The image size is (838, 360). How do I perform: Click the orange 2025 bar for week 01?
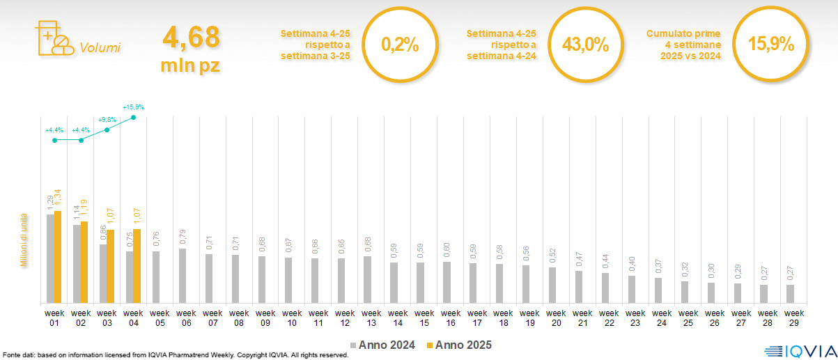pos(58,257)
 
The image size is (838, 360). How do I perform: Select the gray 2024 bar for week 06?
pos(183,276)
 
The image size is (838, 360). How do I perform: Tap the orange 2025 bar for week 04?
pos(137,266)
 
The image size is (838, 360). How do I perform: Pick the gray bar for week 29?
pos(790,294)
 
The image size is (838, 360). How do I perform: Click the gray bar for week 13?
pos(368,279)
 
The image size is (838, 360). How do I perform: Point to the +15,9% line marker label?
pos(133,107)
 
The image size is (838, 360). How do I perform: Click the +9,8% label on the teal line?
pos(107,119)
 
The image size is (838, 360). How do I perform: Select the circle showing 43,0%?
pos(585,45)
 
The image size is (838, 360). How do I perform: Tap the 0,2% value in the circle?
pos(400,45)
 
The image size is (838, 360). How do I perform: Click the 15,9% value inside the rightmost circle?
pos(770,45)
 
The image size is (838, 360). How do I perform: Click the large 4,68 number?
pos(191,38)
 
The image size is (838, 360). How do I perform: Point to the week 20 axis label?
pos(553,317)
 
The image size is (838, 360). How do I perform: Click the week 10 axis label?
pos(288,317)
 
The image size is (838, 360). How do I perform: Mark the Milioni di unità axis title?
pos(23,240)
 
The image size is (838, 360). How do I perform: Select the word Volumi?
pos(100,48)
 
